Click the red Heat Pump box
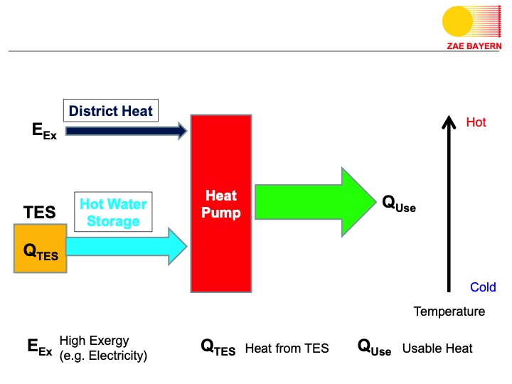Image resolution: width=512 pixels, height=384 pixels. point(220,203)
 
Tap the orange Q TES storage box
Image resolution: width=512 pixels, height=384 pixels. point(41,247)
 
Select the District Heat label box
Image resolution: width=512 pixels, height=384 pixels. point(111,111)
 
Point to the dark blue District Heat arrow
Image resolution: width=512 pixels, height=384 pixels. point(125,131)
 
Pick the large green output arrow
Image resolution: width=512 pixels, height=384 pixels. point(313,202)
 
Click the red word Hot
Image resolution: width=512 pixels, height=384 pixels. point(476,122)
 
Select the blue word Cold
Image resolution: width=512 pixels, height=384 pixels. point(483,287)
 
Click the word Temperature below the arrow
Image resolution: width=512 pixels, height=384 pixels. point(449,311)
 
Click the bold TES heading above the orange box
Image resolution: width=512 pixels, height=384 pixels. point(40,213)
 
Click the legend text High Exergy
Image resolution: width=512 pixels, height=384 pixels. point(94,341)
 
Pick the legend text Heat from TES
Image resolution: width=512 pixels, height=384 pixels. point(287,348)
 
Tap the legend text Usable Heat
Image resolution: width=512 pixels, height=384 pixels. point(437,348)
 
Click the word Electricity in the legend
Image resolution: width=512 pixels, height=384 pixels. point(114,356)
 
